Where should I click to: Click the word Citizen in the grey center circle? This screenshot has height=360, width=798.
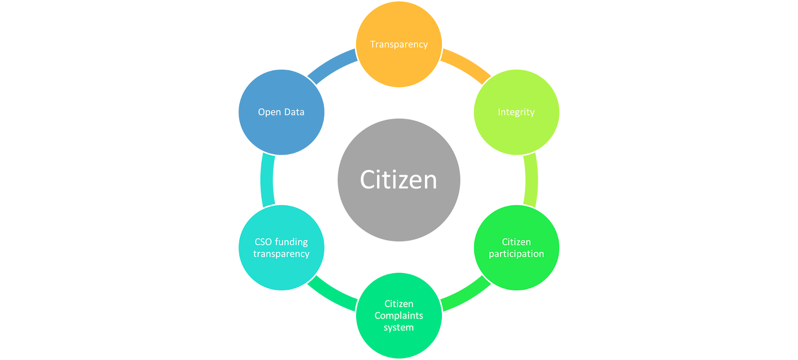(399, 180)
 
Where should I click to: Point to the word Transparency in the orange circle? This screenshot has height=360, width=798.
(399, 44)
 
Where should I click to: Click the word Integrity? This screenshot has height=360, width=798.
(516, 112)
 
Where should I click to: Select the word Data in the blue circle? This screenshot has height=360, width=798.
(294, 112)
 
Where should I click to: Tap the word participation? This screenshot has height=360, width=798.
(516, 254)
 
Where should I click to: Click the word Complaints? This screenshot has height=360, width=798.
(399, 316)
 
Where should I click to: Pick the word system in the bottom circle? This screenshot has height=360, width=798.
(399, 328)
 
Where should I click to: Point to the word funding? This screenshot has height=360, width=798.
(292, 242)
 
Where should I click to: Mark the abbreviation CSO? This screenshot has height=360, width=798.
(263, 242)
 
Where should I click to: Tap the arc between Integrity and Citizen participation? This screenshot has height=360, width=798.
(531, 180)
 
